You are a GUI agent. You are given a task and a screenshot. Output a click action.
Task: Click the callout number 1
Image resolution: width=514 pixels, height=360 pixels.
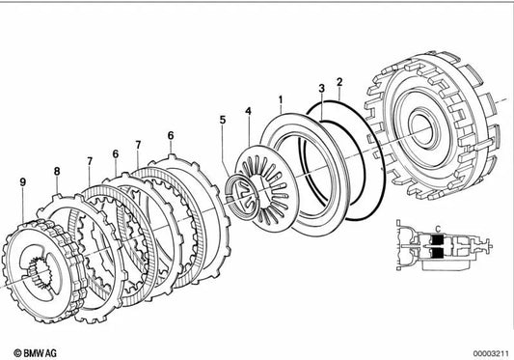pos(280,99)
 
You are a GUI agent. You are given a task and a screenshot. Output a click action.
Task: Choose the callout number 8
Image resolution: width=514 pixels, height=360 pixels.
pos(56,172)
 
